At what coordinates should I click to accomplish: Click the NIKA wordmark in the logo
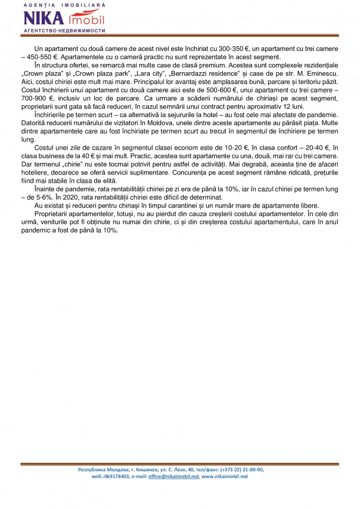click(44, 18)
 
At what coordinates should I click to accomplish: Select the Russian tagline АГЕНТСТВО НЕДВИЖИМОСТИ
click(65, 31)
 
